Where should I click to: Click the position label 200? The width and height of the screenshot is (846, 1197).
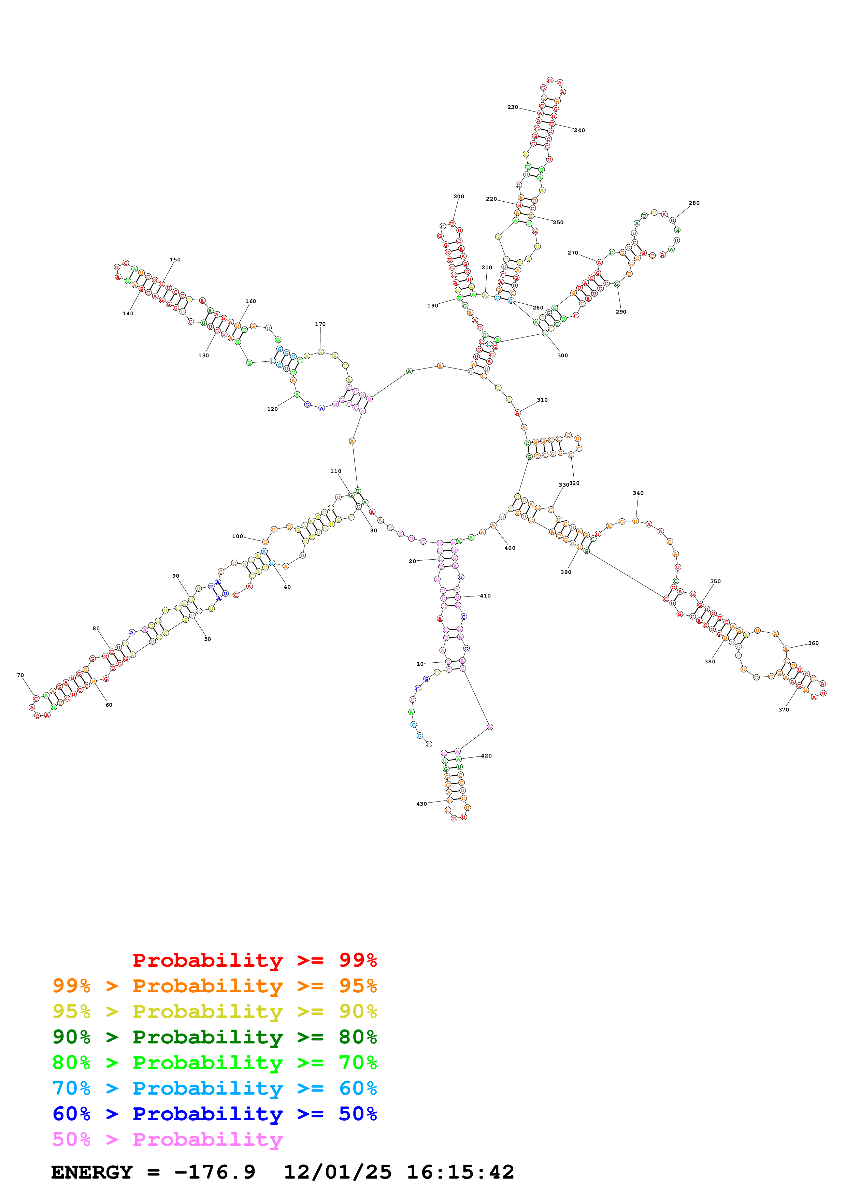(x=459, y=197)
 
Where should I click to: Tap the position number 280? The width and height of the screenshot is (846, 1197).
(x=694, y=203)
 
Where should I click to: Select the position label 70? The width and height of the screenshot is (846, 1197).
(x=20, y=675)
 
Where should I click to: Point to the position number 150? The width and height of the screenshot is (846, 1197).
(x=175, y=260)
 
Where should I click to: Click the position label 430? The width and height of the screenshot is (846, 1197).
(x=422, y=804)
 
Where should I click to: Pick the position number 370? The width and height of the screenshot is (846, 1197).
(x=784, y=709)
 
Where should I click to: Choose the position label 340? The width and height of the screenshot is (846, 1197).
(x=638, y=493)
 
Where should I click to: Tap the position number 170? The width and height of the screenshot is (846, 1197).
(x=320, y=324)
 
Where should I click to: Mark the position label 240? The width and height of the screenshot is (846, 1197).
(x=579, y=130)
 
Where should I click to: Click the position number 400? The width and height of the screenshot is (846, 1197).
(x=510, y=548)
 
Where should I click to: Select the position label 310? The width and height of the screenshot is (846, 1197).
(x=542, y=400)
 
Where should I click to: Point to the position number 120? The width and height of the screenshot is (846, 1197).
(x=273, y=409)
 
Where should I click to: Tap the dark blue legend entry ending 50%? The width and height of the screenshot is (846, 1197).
(x=214, y=1114)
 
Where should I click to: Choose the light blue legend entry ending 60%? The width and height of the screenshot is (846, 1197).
(x=214, y=1088)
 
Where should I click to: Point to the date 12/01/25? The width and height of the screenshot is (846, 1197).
(x=337, y=1172)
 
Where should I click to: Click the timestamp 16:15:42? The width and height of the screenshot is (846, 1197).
(x=460, y=1172)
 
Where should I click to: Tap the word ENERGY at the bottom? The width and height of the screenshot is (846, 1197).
(x=92, y=1172)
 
